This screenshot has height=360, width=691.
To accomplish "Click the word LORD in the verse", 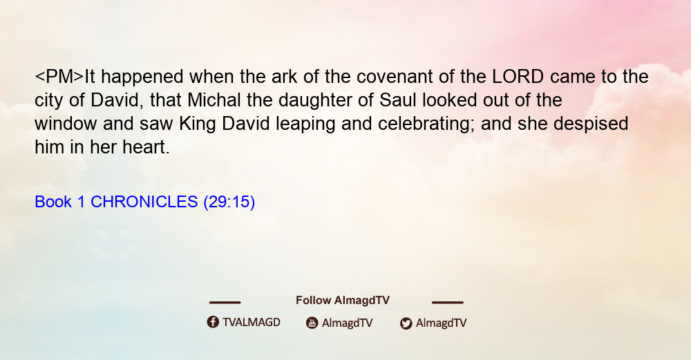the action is [518, 77].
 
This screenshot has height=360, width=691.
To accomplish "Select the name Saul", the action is [398, 100].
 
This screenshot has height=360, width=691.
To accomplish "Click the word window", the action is [66, 124].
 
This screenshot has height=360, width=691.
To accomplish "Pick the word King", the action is [198, 124].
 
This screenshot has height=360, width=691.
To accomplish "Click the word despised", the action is [591, 124].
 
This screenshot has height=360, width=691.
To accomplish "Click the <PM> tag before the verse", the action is [59, 77].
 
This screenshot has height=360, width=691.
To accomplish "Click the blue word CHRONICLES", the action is [144, 202].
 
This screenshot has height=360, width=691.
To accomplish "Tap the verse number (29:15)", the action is [229, 202].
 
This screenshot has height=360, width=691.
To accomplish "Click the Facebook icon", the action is [213, 322].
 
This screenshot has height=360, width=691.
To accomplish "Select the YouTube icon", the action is [312, 323].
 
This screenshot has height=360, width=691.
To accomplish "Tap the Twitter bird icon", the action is [406, 323].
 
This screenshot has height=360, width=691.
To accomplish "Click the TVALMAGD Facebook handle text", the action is [252, 322].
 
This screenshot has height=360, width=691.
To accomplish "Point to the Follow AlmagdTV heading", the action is [343, 301].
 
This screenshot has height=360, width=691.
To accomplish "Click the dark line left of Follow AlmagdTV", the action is [225, 302].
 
